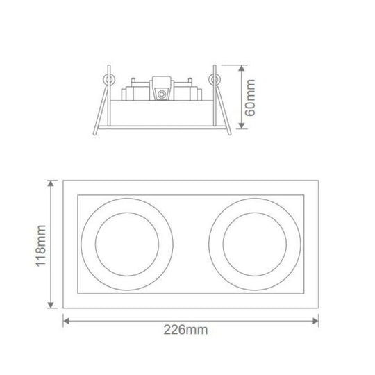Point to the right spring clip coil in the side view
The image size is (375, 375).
(x=215, y=78)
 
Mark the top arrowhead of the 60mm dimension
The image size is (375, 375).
(x=241, y=68)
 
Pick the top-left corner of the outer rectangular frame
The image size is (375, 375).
(x=64, y=181)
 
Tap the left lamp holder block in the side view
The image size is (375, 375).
(x=135, y=92)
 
